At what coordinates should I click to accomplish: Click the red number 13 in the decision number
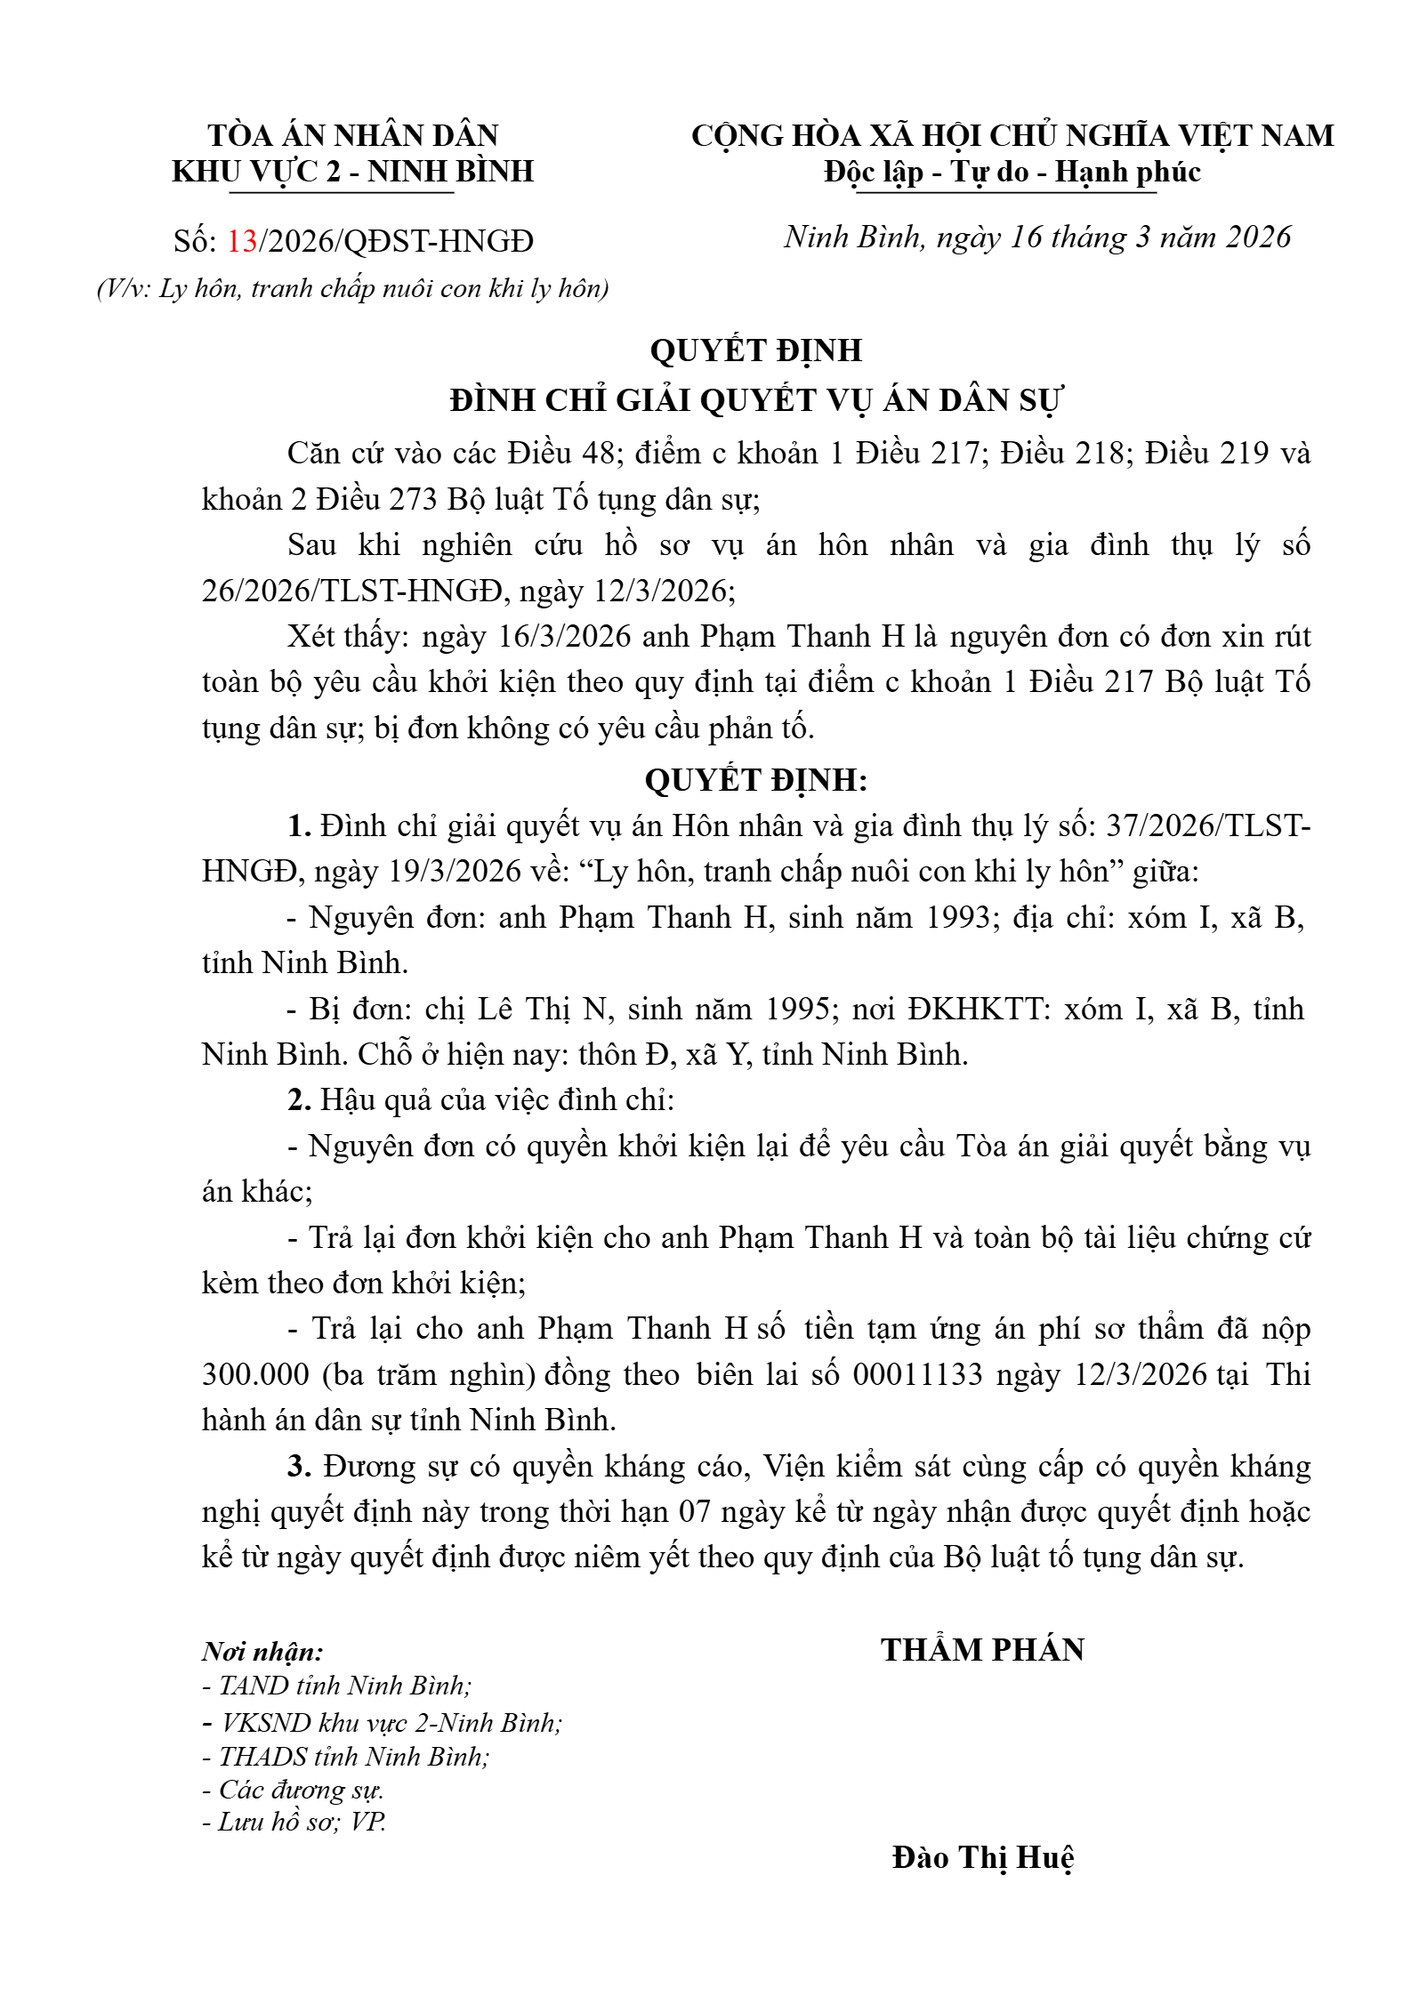click(242, 241)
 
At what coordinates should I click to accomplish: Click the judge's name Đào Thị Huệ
click(983, 1857)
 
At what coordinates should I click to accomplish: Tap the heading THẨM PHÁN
click(983, 1650)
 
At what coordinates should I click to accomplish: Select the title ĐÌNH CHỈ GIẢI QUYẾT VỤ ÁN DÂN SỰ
click(756, 400)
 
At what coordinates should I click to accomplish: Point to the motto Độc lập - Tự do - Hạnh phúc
click(1012, 172)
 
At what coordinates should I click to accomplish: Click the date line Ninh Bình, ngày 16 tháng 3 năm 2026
click(1036, 237)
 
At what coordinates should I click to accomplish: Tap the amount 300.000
click(255, 1375)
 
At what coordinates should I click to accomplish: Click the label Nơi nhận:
click(262, 1652)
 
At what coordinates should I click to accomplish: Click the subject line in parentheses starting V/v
click(353, 289)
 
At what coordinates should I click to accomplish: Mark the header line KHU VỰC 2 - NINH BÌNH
click(353, 172)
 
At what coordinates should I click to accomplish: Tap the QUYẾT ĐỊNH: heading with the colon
click(756, 780)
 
